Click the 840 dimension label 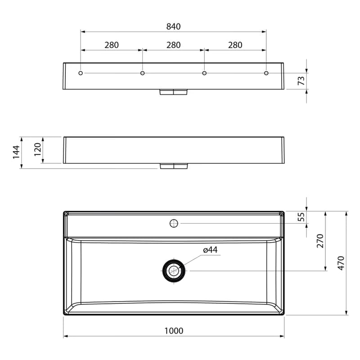coord(174,27)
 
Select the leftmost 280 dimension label coord(112,45)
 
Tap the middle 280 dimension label coord(174,45)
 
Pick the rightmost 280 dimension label coord(235,45)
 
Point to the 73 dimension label coord(301,81)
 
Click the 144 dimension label coord(16,152)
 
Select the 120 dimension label coord(37,149)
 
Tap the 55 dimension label coord(301,217)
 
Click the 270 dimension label coord(320,241)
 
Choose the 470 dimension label coord(341,263)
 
